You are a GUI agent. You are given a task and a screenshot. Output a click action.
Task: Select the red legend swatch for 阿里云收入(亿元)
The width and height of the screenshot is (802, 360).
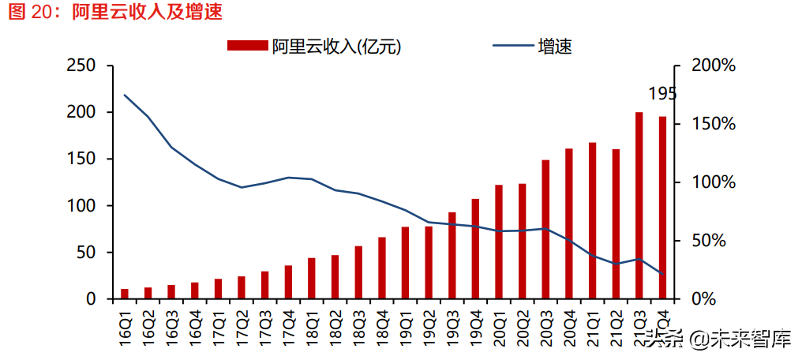[x=247, y=46]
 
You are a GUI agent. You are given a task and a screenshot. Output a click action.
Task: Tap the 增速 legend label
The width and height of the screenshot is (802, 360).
[x=555, y=46]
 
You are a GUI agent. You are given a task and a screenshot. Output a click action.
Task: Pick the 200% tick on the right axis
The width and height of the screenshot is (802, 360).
[x=713, y=66]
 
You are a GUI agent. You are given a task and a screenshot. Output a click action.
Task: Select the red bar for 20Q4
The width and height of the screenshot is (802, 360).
[x=569, y=223]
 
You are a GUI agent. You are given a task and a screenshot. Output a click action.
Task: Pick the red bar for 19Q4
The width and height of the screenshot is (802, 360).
[x=475, y=249]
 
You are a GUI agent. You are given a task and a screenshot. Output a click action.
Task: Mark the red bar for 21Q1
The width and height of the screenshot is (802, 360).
[x=593, y=220]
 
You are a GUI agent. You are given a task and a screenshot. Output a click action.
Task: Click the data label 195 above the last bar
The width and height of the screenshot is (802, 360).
[x=662, y=94]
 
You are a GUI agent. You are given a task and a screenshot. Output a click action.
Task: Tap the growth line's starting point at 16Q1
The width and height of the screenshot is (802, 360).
[x=125, y=96]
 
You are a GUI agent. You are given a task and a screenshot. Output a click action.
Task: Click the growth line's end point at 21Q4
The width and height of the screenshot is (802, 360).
[x=663, y=274]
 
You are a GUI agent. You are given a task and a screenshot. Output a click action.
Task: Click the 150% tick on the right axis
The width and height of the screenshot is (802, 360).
[x=713, y=124]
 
